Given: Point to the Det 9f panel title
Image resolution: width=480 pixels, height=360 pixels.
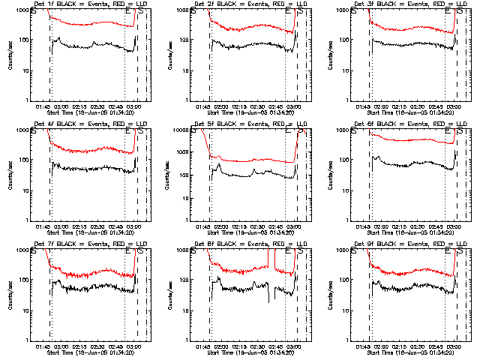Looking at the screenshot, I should tap(410, 244).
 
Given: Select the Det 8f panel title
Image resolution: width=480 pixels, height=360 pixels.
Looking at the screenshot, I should tap(250, 244).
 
